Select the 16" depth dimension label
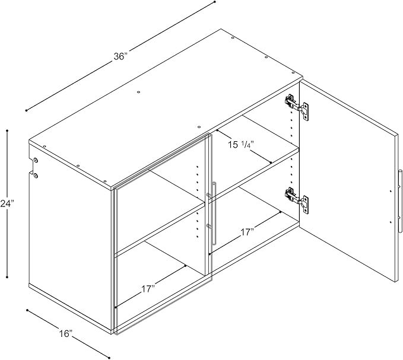click(x=66, y=334)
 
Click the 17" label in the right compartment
click(x=247, y=232)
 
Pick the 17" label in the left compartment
click(x=148, y=289)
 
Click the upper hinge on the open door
click(x=296, y=107)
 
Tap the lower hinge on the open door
click(x=296, y=200)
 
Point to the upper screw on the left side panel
click(x=36, y=160)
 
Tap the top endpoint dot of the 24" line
click(x=7, y=130)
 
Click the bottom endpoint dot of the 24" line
click(x=7, y=277)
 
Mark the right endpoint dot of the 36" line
click(x=215, y=2)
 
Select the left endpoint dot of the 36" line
click(x=26, y=111)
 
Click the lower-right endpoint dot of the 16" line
click(x=109, y=358)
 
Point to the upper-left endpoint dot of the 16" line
click(x=27, y=310)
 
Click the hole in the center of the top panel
click(x=138, y=92)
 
